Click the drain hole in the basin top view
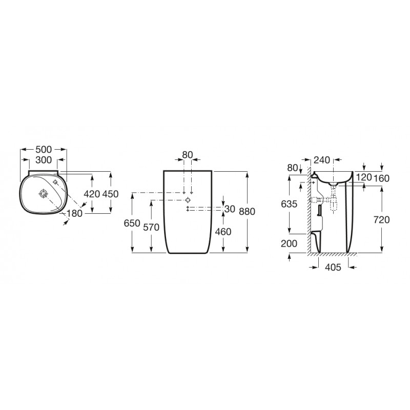click(43, 194)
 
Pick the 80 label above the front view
click(188, 154)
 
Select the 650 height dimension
click(132, 224)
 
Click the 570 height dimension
click(151, 228)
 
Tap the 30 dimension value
click(230, 209)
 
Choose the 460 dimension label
click(223, 232)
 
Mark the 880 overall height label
click(247, 212)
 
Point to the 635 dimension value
click(289, 203)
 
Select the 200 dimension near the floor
click(289, 243)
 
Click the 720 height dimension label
click(382, 219)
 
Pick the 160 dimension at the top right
click(383, 178)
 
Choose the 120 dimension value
click(363, 178)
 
